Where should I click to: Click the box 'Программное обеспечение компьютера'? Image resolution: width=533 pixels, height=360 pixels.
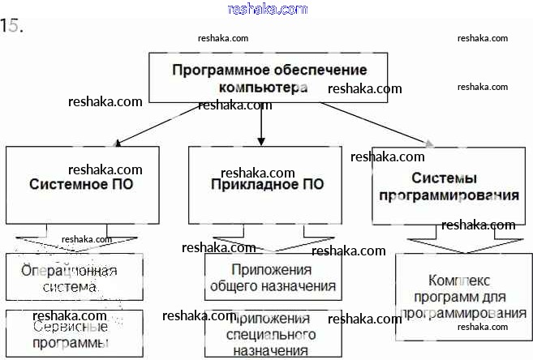[x=269, y=78]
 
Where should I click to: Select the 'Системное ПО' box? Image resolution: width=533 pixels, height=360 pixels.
[x=82, y=185]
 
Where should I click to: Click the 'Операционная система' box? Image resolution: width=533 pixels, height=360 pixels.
[x=74, y=277]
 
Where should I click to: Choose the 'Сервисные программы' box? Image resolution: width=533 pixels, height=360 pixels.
[x=74, y=332]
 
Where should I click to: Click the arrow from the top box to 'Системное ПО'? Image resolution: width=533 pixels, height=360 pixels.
[x=158, y=124]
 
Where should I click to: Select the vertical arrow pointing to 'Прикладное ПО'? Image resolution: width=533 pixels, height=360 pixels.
[x=261, y=126]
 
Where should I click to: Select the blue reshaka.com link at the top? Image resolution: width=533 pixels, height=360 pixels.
[x=267, y=9]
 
